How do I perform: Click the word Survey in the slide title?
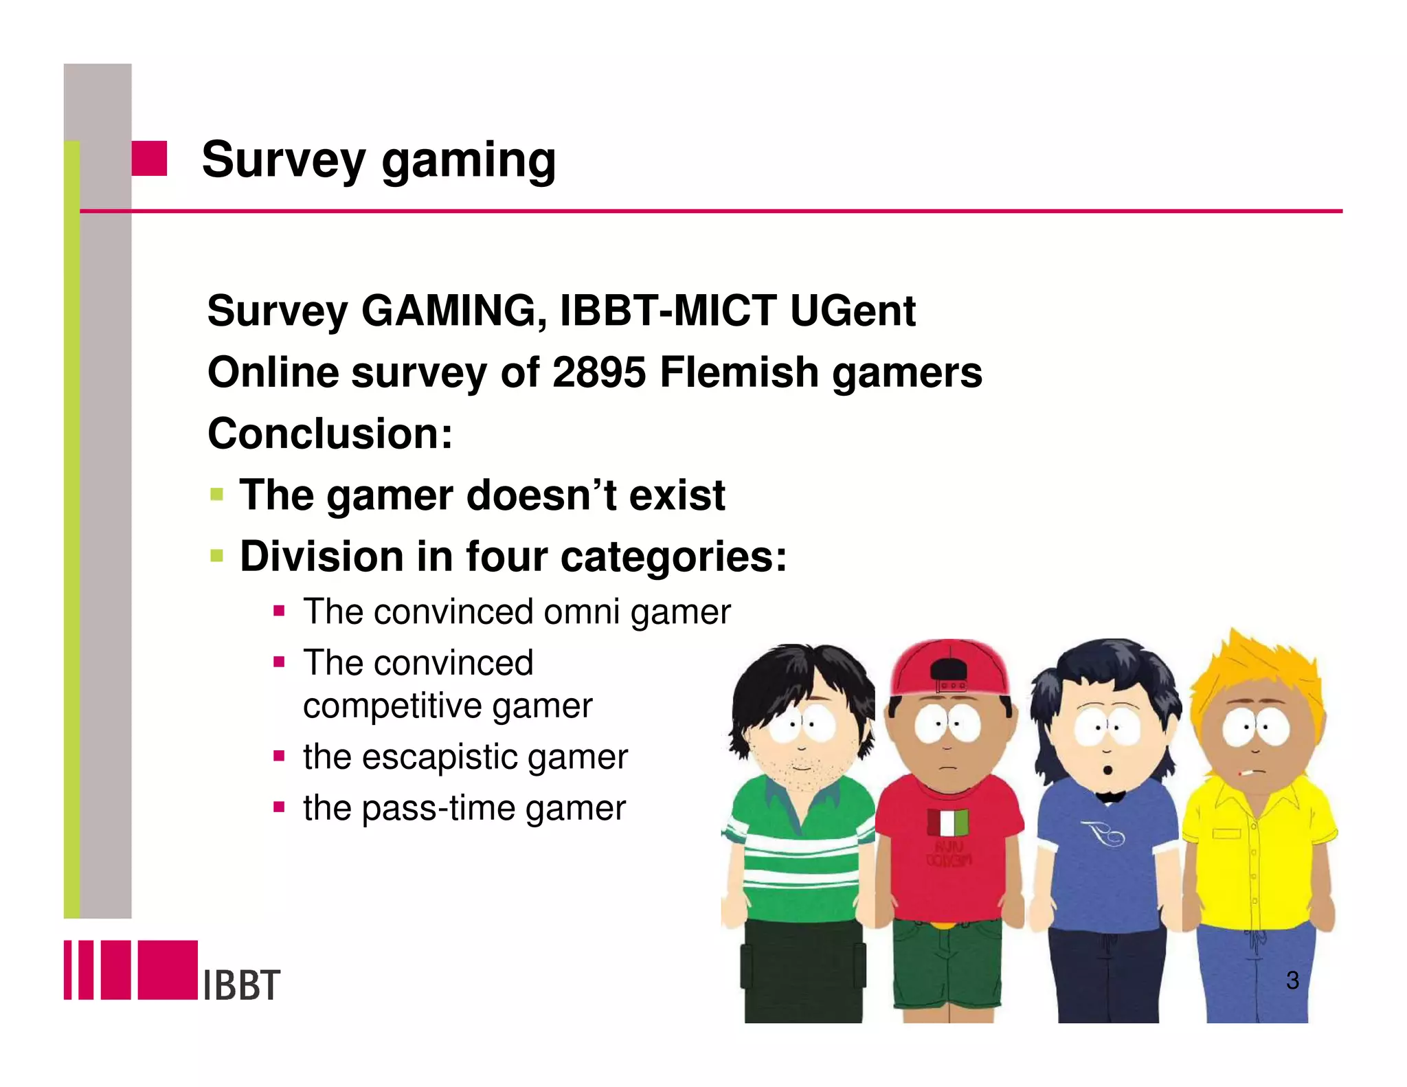tap(283, 159)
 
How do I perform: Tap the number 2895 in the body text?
tap(599, 372)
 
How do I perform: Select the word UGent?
tap(853, 311)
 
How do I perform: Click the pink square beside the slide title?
tap(149, 159)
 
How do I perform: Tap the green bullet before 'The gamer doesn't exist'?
tap(217, 494)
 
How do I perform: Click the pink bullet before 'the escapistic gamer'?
tap(279, 757)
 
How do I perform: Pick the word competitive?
tap(392, 706)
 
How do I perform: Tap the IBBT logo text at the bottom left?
tap(242, 985)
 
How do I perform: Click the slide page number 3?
tap(1292, 980)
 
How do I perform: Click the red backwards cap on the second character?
tap(950, 665)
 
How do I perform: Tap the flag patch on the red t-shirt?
tap(947, 822)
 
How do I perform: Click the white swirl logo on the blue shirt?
tap(1103, 833)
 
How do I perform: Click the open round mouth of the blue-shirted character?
tap(1107, 770)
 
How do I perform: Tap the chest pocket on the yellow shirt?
tap(1226, 833)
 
